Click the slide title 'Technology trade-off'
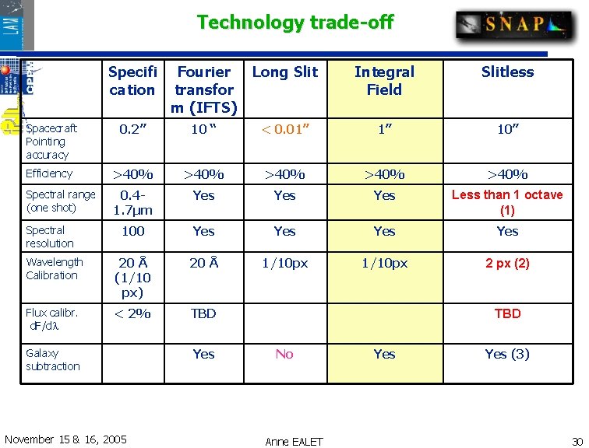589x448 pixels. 294,23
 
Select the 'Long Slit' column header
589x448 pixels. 285,72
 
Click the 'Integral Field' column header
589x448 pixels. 384,81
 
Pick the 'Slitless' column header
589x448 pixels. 507,72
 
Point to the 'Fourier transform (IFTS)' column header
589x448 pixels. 204,89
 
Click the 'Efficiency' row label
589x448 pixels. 48,173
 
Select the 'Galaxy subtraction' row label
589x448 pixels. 53,359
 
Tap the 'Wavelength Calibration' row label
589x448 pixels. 54,268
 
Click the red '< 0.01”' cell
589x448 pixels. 284,129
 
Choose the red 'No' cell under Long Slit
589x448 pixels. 284,354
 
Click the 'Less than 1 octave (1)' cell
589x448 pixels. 507,202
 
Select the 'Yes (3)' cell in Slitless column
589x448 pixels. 507,354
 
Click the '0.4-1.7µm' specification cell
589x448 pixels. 132,202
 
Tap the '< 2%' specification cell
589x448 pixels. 132,313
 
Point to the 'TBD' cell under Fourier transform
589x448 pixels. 203,313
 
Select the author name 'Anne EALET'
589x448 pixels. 294,441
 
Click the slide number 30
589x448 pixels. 577,441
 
